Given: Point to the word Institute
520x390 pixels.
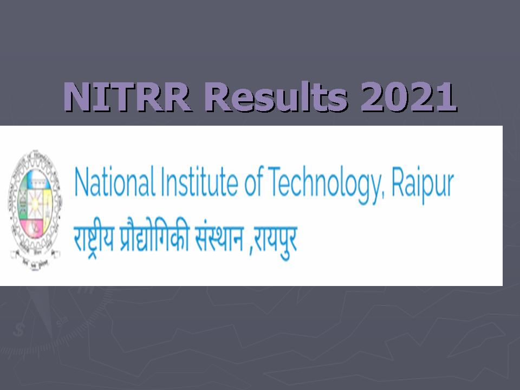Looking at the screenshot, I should tap(200, 183).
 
